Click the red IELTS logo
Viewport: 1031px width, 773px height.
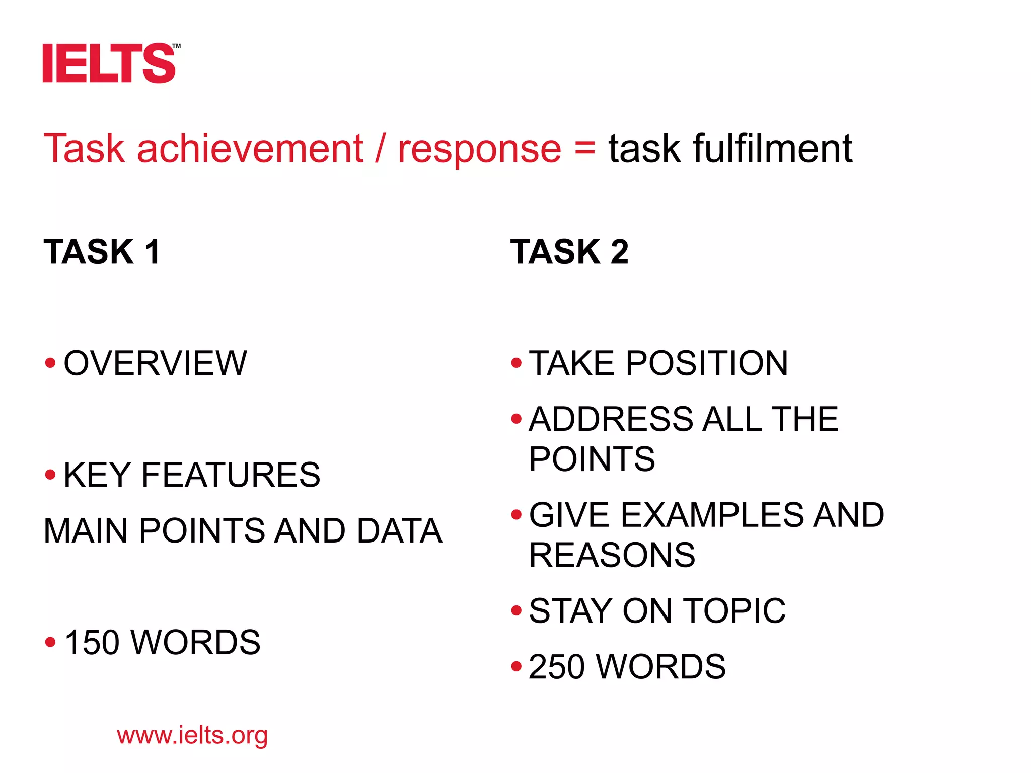pyautogui.click(x=109, y=63)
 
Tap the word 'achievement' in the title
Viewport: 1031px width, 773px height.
pyautogui.click(x=250, y=149)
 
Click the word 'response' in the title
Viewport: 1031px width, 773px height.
pyautogui.click(x=479, y=149)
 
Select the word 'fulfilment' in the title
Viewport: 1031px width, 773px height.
pyautogui.click(x=772, y=149)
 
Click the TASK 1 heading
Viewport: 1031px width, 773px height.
pyautogui.click(x=102, y=252)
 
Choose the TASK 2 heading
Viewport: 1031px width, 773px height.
pyautogui.click(x=569, y=252)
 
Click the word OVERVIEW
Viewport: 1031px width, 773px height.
pyautogui.click(x=156, y=363)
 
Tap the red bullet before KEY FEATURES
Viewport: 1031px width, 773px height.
pyautogui.click(x=50, y=475)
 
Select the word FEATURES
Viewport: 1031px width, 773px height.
pyautogui.click(x=231, y=475)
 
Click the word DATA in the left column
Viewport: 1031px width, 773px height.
pyautogui.click(x=399, y=531)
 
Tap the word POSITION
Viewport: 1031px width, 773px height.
pyautogui.click(x=707, y=363)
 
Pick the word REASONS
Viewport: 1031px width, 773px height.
pyautogui.click(x=612, y=555)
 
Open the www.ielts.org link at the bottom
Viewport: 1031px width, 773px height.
pyautogui.click(x=192, y=736)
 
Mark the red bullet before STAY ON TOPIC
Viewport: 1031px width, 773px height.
pyautogui.click(x=516, y=611)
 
